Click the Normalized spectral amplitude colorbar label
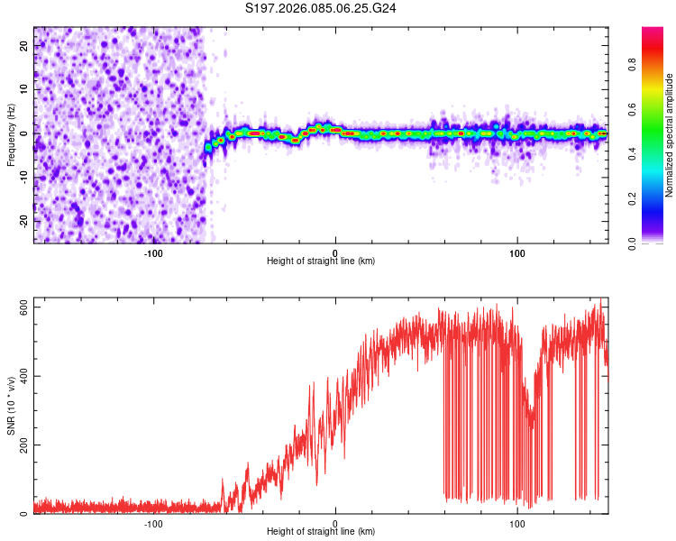[670, 134]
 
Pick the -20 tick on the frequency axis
[23, 220]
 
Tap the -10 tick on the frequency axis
[23, 177]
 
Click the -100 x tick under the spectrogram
[153, 253]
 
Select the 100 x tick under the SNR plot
[517, 524]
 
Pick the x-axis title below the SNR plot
[321, 532]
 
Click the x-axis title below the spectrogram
[321, 261]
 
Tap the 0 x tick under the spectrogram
[335, 253]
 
